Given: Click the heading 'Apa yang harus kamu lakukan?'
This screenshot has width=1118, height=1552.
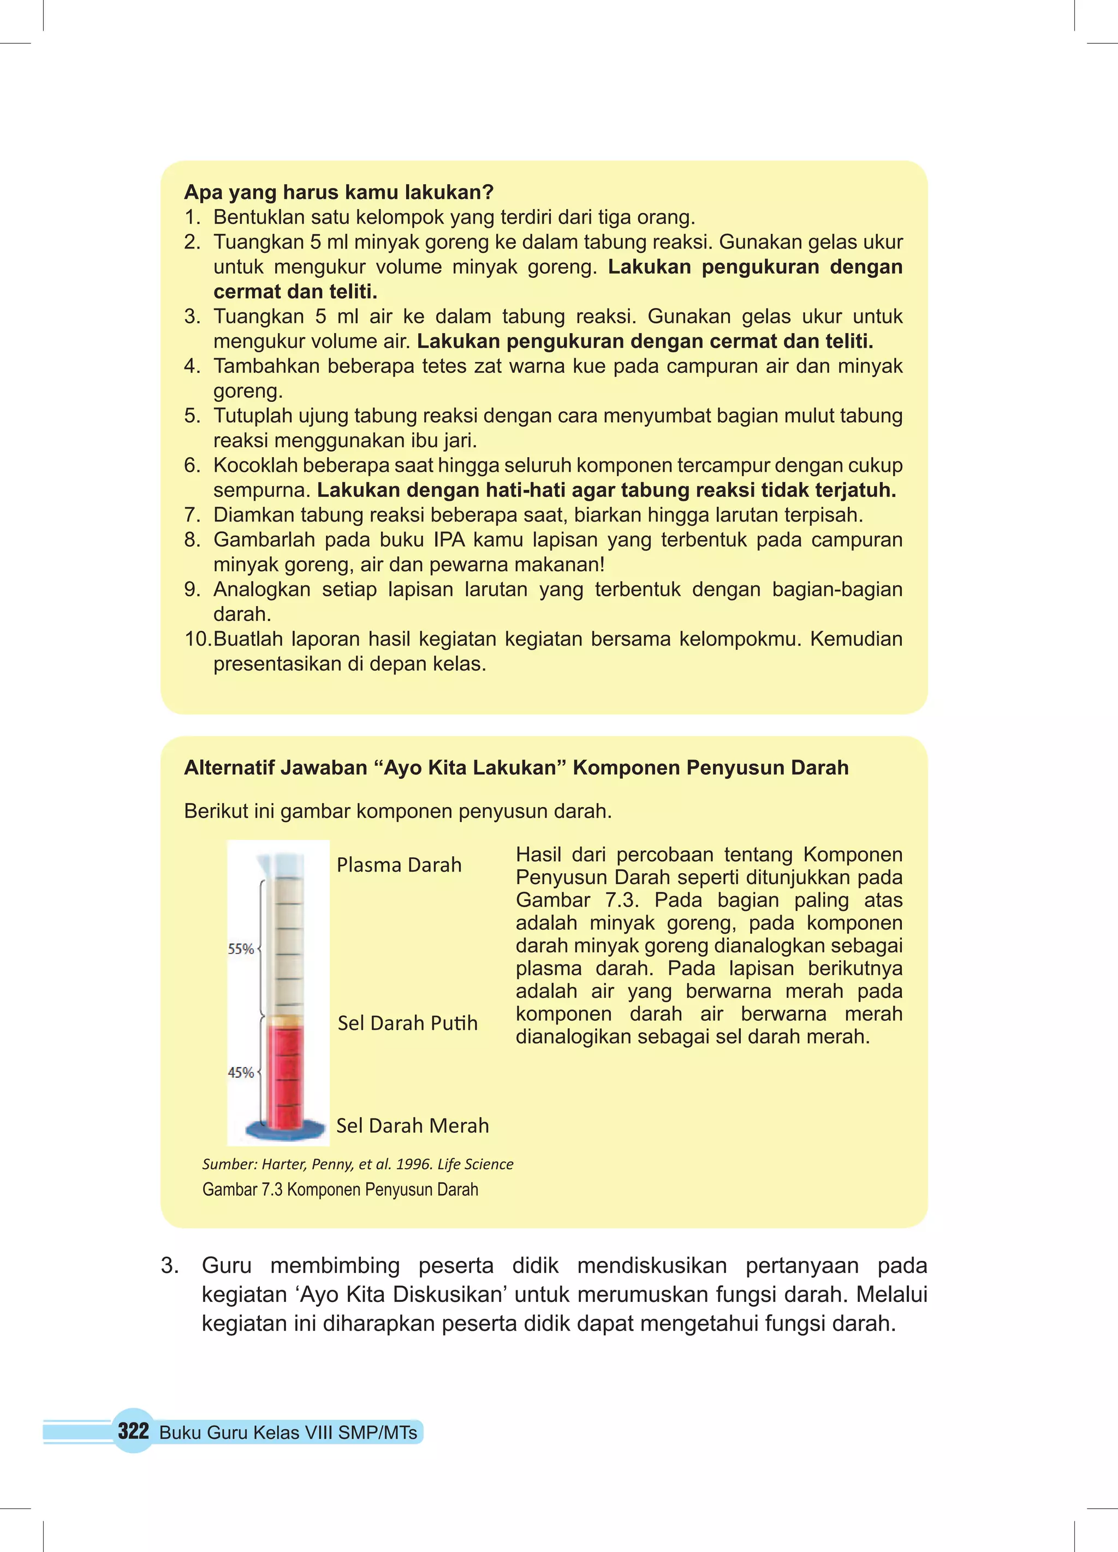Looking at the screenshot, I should coord(338,192).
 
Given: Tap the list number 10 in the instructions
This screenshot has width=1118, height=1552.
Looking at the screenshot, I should coord(198,639).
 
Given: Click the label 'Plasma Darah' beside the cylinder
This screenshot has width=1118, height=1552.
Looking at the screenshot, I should coord(399,865).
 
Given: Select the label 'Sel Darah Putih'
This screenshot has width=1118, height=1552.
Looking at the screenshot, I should coord(407,1023).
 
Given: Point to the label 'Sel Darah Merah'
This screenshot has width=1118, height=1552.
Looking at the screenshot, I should coord(413,1126).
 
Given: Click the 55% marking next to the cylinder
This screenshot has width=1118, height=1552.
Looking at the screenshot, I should coord(240,949).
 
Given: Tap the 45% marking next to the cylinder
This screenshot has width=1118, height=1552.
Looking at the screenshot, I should coord(240,1073).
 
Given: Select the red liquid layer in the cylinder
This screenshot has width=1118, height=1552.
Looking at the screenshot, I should coord(283,1074).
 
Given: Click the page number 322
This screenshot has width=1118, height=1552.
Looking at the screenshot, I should coord(133,1431).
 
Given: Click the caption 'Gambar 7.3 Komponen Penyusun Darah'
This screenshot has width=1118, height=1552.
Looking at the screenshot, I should coord(340,1189).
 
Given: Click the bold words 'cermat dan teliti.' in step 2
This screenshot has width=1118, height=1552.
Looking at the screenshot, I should coord(295,292).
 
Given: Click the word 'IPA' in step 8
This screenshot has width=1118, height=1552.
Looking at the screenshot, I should coord(448,540).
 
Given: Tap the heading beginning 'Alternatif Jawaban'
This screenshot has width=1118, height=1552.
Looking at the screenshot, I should coord(516,768).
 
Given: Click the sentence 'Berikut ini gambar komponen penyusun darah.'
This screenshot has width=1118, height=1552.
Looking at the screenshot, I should coord(397,811).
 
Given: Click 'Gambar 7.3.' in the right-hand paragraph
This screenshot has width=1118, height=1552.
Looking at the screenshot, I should coord(577,900).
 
